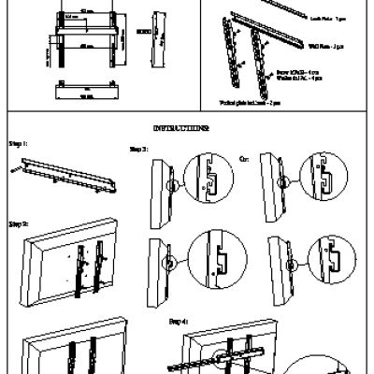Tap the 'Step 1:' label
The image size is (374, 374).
coord(18,145)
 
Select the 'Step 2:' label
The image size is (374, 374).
coord(18,225)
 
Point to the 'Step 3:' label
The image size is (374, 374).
coord(137,150)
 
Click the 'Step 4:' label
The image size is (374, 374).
coord(179,321)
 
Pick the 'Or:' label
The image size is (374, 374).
coord(245,158)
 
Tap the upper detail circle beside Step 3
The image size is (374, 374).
coord(206,178)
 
